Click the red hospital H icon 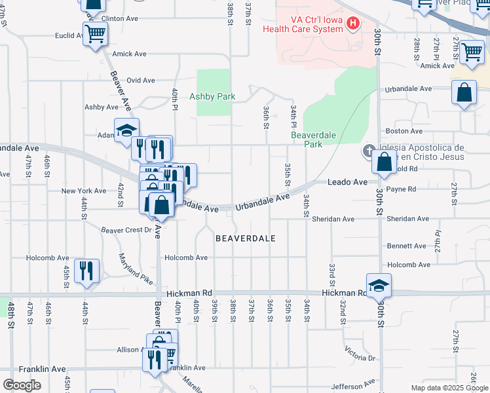tap(353, 24)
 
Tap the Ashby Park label tap(212, 96)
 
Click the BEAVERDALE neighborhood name tap(246, 238)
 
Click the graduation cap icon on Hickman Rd tap(378, 286)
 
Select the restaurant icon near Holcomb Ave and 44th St tap(86, 269)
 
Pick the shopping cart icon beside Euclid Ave tap(96, 33)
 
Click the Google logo tap(22, 385)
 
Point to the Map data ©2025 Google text tap(449, 388)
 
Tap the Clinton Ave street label tap(119, 20)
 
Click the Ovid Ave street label tap(141, 80)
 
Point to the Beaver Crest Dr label tap(126, 230)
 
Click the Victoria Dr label tap(362, 357)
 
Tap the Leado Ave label tap(348, 181)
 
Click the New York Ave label tap(84, 191)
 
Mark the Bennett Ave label tap(406, 246)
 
